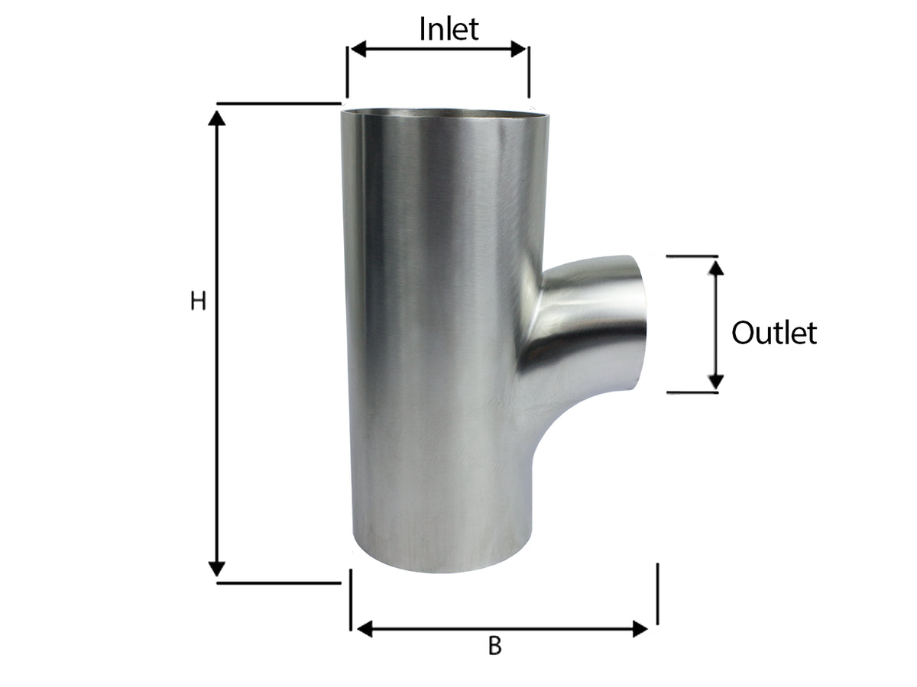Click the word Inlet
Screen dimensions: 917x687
(x=449, y=29)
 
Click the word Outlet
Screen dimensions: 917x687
(x=773, y=333)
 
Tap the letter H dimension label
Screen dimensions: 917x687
(x=198, y=302)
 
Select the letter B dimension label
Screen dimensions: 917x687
(x=494, y=646)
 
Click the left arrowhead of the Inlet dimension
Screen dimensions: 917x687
(x=358, y=49)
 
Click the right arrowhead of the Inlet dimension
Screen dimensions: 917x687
(x=518, y=49)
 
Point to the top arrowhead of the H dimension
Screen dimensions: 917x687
(x=216, y=118)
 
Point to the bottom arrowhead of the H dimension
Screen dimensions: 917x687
(x=216, y=569)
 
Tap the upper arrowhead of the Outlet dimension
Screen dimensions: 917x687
(x=715, y=268)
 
